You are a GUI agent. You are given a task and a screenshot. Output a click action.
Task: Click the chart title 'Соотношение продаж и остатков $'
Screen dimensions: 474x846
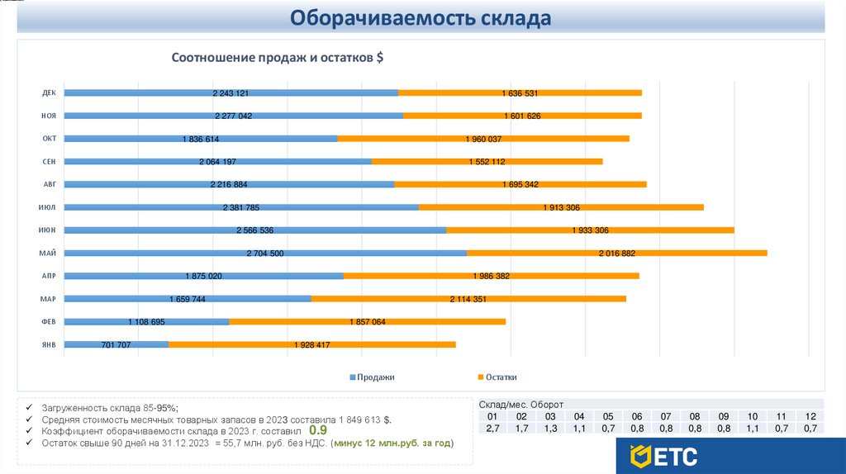(x=278, y=58)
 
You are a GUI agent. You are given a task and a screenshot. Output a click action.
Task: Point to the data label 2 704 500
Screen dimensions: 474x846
(x=265, y=253)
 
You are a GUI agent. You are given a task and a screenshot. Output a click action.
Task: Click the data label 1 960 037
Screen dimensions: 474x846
(x=483, y=139)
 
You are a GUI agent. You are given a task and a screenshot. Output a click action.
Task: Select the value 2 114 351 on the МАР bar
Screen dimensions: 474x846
(x=468, y=298)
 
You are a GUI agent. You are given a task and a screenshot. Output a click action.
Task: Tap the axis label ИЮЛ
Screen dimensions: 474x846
(x=48, y=207)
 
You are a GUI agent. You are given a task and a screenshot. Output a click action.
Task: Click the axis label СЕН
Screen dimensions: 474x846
(x=49, y=161)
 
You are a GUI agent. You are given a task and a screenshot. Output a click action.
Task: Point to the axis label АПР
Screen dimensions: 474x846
(x=49, y=276)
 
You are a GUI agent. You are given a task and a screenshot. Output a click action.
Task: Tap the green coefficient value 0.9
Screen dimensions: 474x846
(x=318, y=430)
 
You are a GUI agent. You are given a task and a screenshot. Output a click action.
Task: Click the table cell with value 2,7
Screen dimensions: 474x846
(x=493, y=429)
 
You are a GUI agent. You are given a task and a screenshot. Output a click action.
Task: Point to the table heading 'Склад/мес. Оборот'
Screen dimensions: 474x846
(x=520, y=405)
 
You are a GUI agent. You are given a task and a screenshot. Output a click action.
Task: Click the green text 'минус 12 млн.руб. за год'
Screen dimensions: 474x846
(x=391, y=443)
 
